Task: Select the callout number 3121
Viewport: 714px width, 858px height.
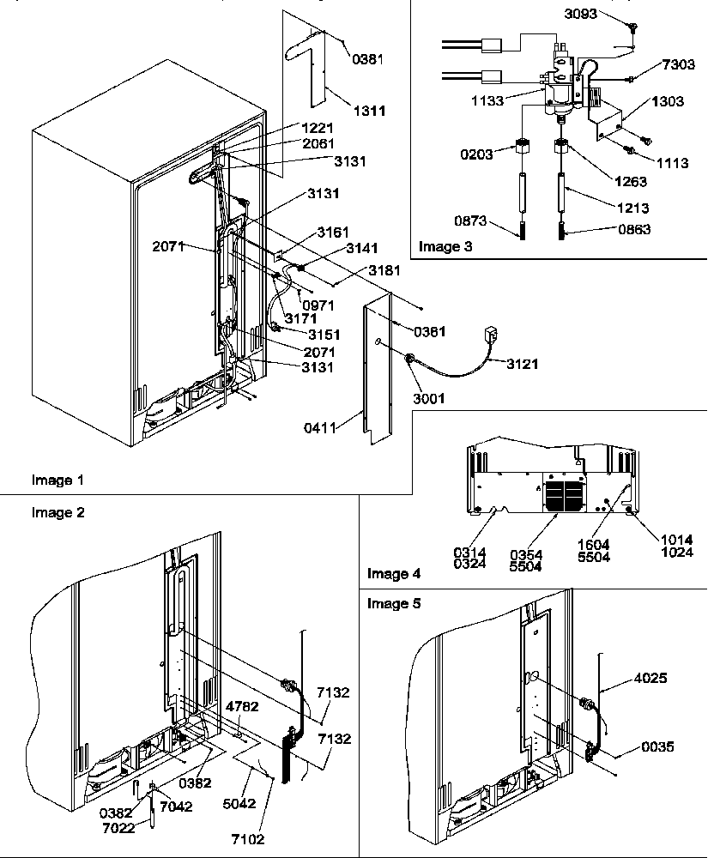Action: click(x=521, y=364)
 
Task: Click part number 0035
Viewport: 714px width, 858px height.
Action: click(x=658, y=747)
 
